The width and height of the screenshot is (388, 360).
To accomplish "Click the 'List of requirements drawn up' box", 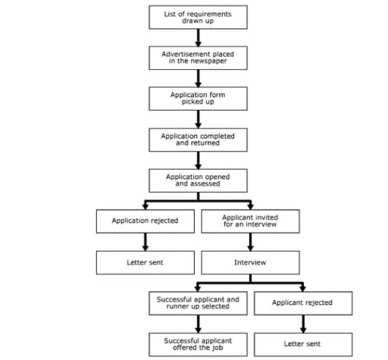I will (x=198, y=17).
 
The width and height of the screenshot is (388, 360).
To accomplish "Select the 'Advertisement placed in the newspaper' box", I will (x=198, y=58).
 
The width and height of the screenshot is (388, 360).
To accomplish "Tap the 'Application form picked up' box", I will (x=198, y=99).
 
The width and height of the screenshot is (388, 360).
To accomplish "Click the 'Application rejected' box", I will (x=145, y=221).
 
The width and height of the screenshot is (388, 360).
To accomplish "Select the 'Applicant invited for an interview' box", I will (x=251, y=221).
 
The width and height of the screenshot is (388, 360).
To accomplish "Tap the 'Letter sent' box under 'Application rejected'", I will (x=145, y=262).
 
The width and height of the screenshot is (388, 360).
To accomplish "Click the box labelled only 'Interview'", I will (x=251, y=262).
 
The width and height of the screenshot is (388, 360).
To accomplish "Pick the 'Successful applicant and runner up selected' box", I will (x=198, y=303).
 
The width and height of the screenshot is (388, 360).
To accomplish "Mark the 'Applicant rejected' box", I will (x=302, y=303).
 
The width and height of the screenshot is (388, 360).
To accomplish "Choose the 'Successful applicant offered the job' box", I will (x=198, y=343).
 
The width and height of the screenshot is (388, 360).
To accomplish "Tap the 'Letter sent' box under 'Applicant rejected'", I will (x=302, y=343).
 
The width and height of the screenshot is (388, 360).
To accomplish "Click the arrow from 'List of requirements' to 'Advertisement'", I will (x=198, y=37).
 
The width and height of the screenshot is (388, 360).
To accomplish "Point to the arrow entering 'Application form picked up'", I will (x=198, y=78).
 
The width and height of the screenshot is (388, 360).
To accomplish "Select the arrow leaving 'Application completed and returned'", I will (x=198, y=159).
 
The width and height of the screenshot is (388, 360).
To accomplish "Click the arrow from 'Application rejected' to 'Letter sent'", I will (x=145, y=242).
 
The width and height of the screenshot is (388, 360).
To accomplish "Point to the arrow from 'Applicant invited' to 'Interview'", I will (x=251, y=242).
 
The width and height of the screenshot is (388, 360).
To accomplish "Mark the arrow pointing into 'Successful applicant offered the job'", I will (x=198, y=324).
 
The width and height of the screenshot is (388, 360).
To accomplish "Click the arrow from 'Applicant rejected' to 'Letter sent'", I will (x=302, y=324).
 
